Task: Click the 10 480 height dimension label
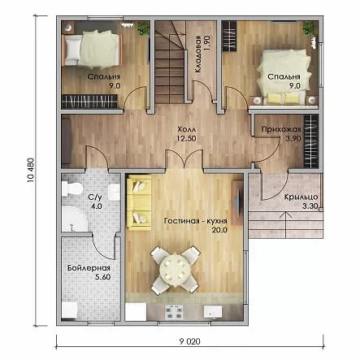[x=31, y=169]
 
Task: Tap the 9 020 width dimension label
[x=189, y=341]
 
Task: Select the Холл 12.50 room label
[x=186, y=133]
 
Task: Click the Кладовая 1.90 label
[x=202, y=54]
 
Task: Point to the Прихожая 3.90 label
[x=281, y=134]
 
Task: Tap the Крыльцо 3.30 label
[x=301, y=202]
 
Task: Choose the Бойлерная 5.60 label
[x=89, y=272]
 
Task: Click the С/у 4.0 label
[x=95, y=202]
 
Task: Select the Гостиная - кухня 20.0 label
[x=196, y=225]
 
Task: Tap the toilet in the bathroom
[x=72, y=189]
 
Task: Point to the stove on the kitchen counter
[x=174, y=312]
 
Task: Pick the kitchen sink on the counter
[x=213, y=311]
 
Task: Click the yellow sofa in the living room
[x=139, y=202]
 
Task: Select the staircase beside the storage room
[x=171, y=63]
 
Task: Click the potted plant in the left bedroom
[x=143, y=28]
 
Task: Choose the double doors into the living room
[x=184, y=160]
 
